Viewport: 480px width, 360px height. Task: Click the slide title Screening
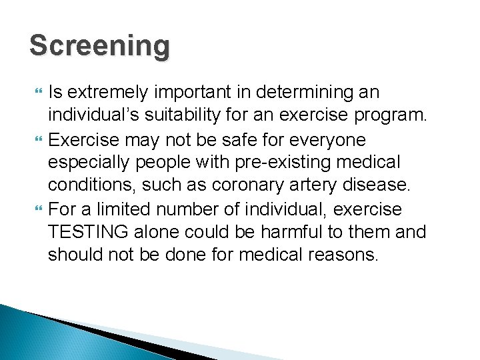pyautogui.click(x=100, y=47)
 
